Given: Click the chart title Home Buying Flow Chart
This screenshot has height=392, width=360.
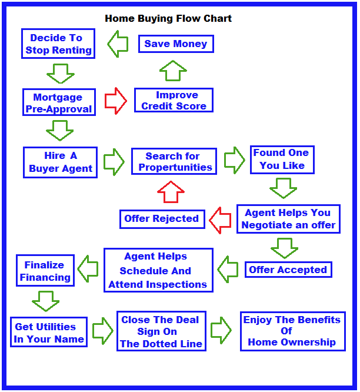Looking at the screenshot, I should click(168, 18).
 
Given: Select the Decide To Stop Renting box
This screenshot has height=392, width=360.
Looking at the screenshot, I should click(58, 44).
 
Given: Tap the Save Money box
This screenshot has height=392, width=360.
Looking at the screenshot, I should click(176, 44).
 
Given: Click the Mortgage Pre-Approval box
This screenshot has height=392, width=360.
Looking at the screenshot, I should click(59, 102).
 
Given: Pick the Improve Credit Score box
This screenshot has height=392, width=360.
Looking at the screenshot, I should click(174, 101).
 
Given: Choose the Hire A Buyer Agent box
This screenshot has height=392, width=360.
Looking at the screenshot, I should click(60, 162).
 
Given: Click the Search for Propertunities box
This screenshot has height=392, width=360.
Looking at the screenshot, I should click(174, 161).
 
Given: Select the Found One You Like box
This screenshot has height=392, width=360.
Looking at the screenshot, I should click(282, 160).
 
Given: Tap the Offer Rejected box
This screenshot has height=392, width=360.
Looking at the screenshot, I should click(162, 219).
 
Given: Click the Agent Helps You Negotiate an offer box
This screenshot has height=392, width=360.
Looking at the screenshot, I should click(288, 218).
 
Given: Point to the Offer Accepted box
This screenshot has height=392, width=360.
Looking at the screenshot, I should click(288, 270).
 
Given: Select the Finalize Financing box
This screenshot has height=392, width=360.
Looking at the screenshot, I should click(45, 271).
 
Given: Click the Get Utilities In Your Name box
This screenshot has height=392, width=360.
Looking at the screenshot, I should click(49, 333).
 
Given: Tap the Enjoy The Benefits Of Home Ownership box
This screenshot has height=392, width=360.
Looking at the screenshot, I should click(292, 331).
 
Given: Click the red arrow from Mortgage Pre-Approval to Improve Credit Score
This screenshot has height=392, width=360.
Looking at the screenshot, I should click(115, 101).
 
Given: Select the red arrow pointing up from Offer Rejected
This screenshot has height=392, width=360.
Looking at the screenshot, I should click(171, 191).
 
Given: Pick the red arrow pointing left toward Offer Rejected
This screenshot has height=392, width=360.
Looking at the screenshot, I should click(220, 220).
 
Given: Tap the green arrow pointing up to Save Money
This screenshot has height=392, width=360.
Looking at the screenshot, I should click(173, 71).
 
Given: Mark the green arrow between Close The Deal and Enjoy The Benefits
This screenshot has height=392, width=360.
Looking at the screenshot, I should click(222, 330).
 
